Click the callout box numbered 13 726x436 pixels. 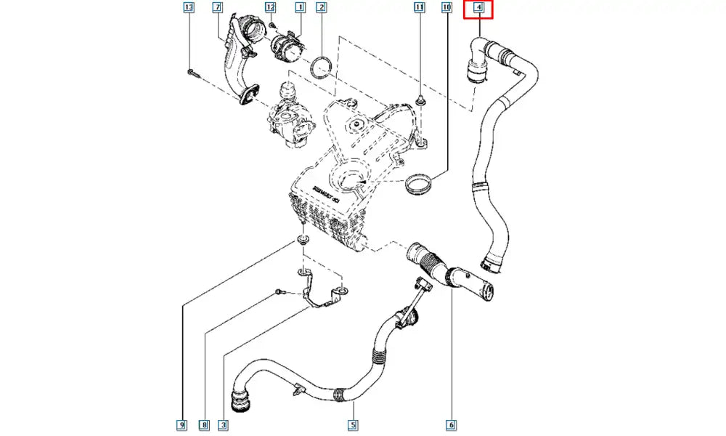point(189,8)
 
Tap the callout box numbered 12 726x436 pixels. point(270,8)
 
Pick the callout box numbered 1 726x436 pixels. point(299,8)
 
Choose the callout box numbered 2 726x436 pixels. point(321,8)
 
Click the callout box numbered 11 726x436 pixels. point(419,8)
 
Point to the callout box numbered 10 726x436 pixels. point(447,8)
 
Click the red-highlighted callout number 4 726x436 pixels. point(478,9)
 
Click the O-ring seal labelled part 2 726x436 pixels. point(322,68)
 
